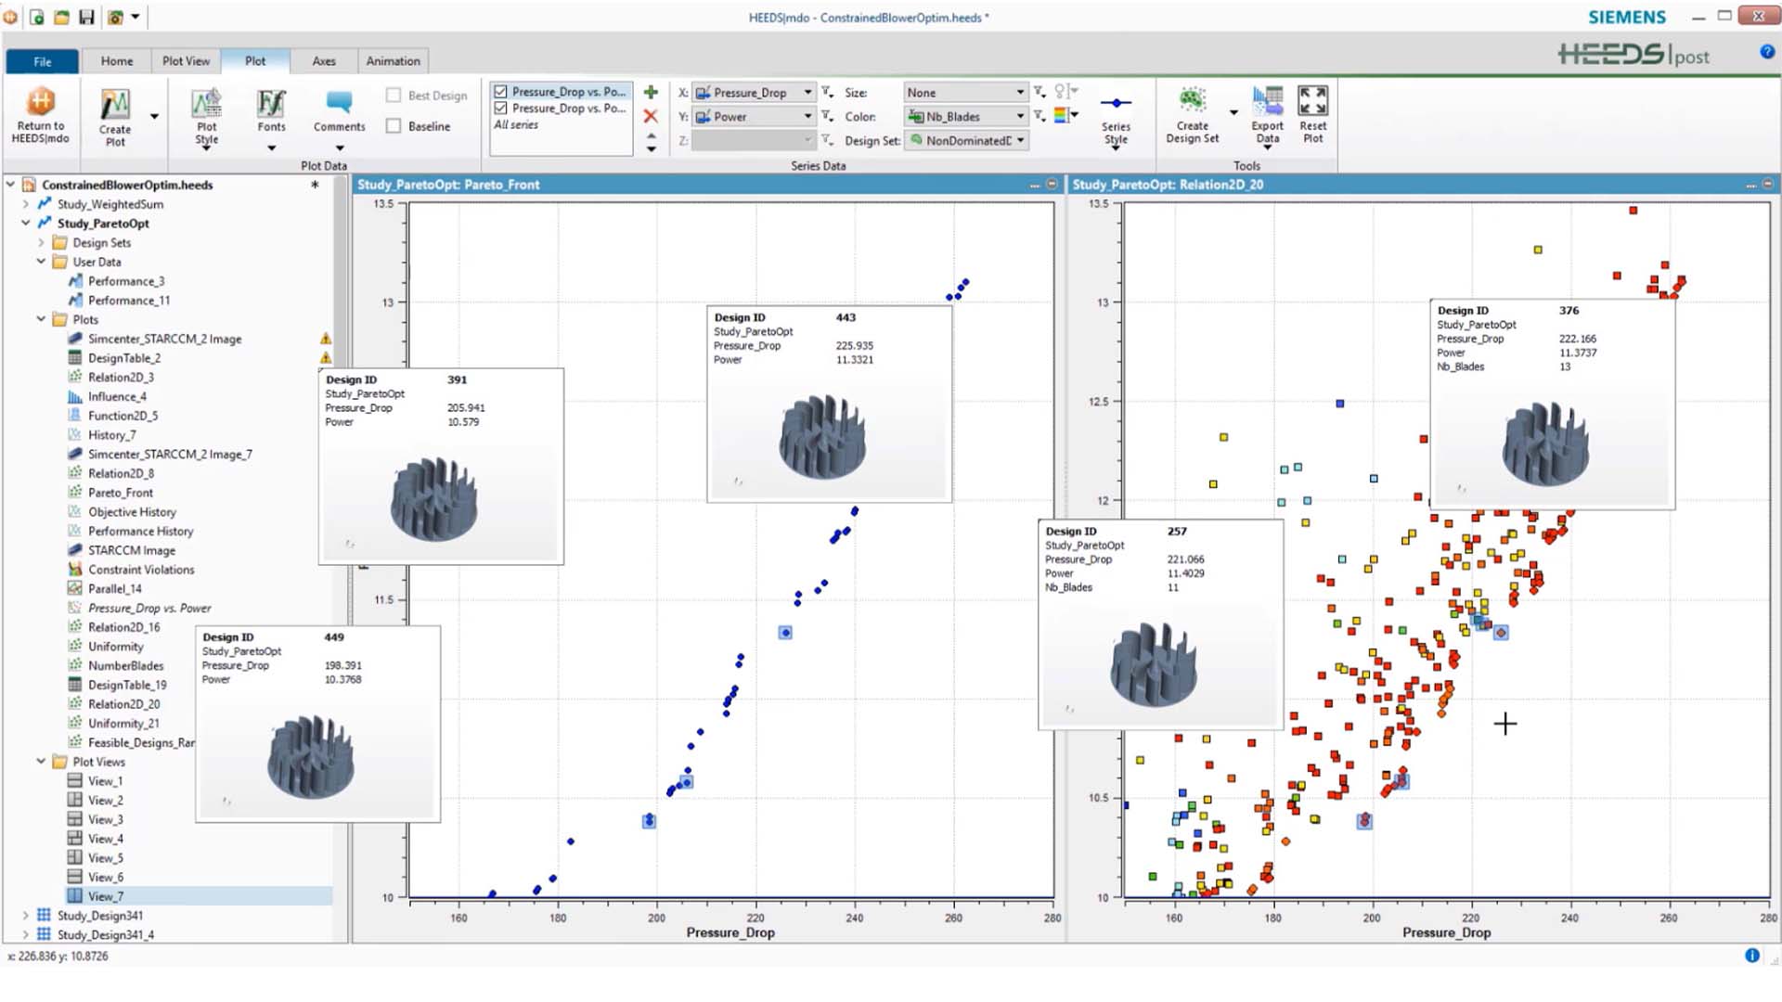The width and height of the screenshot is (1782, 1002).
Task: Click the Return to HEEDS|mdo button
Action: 40,115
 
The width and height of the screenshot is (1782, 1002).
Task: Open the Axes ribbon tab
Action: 324,61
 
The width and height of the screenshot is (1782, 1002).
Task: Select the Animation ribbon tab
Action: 393,61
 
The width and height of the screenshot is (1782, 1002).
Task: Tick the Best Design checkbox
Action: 394,96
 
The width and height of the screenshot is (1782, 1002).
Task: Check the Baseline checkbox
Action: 394,126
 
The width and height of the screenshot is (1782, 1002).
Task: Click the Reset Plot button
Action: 1312,114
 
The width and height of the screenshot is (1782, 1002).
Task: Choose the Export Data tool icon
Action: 1267,114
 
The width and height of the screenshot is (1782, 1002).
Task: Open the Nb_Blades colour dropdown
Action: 966,117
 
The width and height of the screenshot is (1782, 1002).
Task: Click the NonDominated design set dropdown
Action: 966,141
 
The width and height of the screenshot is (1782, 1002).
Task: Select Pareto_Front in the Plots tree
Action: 121,493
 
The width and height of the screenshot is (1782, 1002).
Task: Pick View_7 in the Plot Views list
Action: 105,896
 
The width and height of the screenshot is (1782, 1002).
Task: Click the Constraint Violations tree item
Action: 141,570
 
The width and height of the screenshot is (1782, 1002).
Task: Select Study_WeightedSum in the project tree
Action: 110,204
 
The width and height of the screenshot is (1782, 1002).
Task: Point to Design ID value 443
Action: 846,317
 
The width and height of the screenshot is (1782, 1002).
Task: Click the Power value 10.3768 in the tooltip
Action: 343,680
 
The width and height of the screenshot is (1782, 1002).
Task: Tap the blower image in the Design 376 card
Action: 1545,443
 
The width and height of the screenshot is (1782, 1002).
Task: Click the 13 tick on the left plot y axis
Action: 388,302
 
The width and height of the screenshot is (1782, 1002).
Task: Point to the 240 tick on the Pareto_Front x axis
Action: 854,918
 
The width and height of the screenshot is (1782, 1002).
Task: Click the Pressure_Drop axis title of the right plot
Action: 1446,932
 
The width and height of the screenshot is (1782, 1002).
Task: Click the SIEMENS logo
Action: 1627,18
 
